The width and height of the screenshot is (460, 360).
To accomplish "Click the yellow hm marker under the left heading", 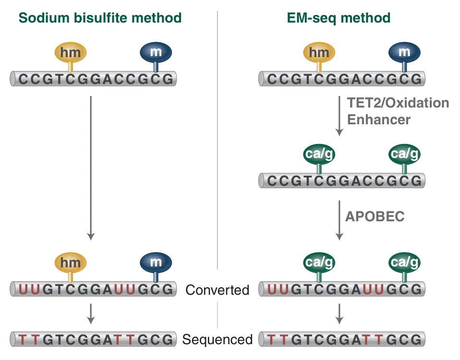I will coord(71,52).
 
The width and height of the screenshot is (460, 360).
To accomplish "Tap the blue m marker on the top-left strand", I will coord(155,52).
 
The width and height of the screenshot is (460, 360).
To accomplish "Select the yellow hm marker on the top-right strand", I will coord(319,52).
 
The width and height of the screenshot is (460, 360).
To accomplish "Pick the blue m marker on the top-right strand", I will coord(404,52).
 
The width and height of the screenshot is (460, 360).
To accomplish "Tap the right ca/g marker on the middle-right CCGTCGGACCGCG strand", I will coord(404,154).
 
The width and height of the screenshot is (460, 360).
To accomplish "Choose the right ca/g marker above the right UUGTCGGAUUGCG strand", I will coord(404,262).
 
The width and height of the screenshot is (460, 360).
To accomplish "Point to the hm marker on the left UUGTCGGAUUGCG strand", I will coord(71,262).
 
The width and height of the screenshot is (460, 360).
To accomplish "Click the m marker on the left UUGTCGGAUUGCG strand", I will coord(155,262).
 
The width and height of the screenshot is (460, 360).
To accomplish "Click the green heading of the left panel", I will coord(100,18).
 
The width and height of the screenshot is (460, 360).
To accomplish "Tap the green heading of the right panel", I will coord(339,18).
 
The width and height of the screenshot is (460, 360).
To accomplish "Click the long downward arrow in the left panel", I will coord(90,168).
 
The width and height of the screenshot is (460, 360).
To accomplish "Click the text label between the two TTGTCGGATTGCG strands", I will coord(218,340).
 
